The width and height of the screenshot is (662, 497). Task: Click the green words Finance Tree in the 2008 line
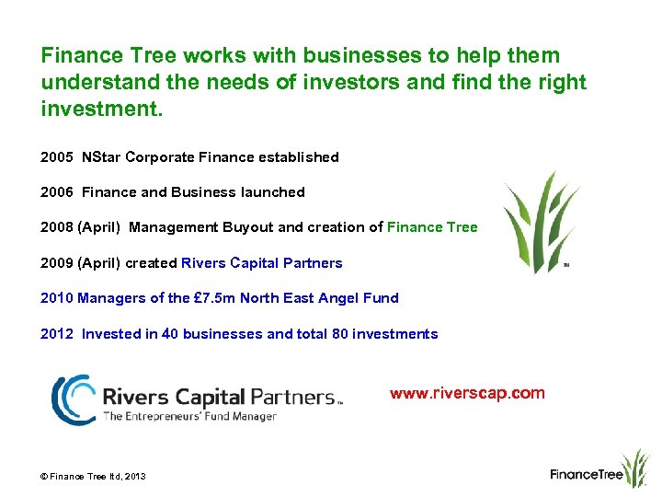tap(432, 227)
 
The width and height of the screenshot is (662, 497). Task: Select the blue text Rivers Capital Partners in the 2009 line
tap(262, 263)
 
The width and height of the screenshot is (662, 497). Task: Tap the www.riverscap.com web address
tap(467, 394)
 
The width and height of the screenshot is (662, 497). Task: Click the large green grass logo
tap(541, 221)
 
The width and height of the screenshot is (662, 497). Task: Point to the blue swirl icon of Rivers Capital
tap(73, 399)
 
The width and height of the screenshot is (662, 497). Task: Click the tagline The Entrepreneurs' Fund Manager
tap(189, 417)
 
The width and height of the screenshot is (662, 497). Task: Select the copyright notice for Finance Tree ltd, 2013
tap(93, 476)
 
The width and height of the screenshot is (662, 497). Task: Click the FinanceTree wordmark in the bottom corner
tap(587, 475)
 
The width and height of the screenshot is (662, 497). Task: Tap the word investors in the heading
tap(355, 82)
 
